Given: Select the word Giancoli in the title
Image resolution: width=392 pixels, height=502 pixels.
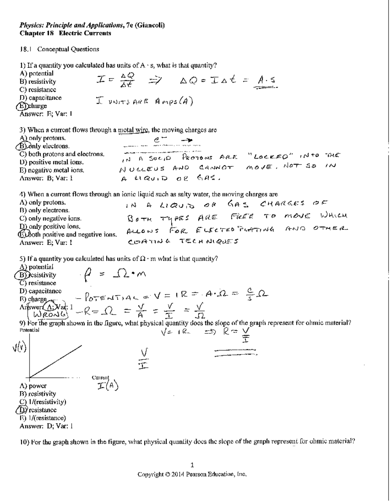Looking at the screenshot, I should (150, 25).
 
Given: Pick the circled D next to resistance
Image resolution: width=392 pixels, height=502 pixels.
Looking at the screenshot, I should (23, 410).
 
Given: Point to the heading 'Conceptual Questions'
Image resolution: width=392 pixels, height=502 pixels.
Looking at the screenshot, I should (68, 49).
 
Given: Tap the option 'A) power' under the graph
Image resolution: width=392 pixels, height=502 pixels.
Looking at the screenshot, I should (33, 386).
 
